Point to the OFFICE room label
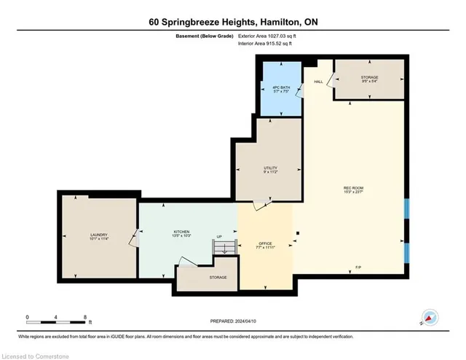point(265,244)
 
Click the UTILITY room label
point(271,170)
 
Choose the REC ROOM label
point(353,189)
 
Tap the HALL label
point(318,81)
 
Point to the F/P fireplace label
point(357,269)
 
